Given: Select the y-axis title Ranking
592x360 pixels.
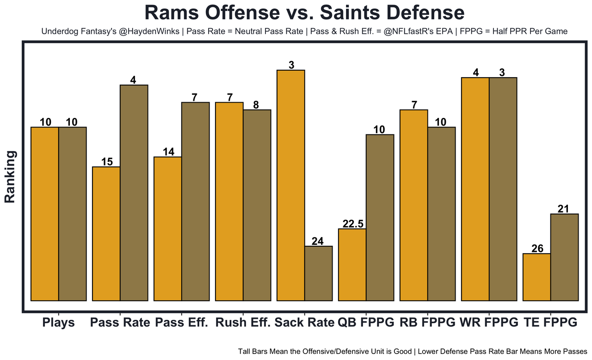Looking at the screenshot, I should click(x=10, y=177).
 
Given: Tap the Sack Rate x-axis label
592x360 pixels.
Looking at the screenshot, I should click(x=304, y=323).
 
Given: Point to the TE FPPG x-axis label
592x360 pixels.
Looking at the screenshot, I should click(x=550, y=323).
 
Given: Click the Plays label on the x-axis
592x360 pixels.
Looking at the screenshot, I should click(x=58, y=323).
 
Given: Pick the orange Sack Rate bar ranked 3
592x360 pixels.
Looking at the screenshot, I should click(x=290, y=185).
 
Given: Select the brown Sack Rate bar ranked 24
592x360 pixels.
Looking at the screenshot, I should click(x=318, y=273).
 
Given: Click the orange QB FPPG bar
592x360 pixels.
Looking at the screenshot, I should click(x=352, y=264).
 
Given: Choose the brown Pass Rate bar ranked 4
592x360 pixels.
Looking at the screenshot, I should click(x=134, y=193).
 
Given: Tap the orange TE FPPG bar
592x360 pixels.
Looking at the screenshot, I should click(x=536, y=277).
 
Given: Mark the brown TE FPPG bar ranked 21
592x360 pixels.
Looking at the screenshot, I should click(x=564, y=257).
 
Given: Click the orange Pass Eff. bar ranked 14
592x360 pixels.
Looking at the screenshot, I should click(x=167, y=229).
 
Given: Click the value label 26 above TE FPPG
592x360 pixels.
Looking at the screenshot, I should click(x=537, y=249).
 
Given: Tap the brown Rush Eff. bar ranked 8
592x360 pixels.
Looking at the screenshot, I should click(x=257, y=205).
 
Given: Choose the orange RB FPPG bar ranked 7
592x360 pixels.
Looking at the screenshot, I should click(x=414, y=205).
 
